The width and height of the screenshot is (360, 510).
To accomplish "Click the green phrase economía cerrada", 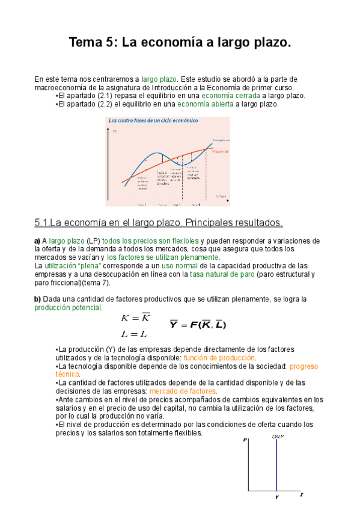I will [231, 96].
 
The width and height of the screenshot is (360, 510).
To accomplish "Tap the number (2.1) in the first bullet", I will [107, 96].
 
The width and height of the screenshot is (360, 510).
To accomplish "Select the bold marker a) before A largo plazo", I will [37, 241].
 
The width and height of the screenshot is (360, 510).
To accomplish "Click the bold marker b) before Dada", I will [37, 299].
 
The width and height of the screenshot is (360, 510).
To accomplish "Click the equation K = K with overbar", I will [135, 318].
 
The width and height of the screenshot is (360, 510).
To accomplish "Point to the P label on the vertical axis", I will [246, 440].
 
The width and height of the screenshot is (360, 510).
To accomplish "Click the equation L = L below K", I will [134, 334].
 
